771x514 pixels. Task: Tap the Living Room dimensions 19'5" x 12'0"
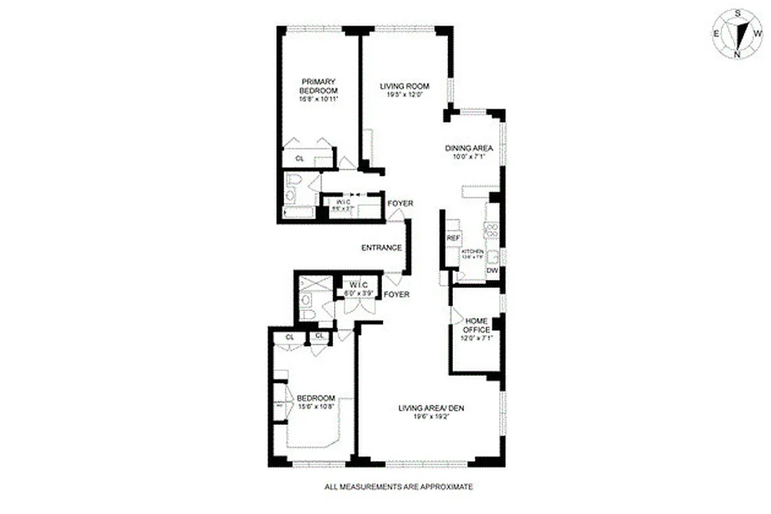coord(404,95)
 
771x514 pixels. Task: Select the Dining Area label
coord(468,147)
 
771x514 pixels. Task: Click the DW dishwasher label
coord(492,271)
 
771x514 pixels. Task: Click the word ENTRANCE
coord(382,248)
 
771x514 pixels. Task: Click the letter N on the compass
coord(737,55)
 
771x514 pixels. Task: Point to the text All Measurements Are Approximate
coord(398,487)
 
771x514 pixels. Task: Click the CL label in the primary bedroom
coord(299,158)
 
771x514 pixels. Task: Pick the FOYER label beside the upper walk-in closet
coord(400,204)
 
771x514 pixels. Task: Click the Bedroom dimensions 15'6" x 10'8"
coord(316,405)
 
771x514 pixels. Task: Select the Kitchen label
coord(472,251)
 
